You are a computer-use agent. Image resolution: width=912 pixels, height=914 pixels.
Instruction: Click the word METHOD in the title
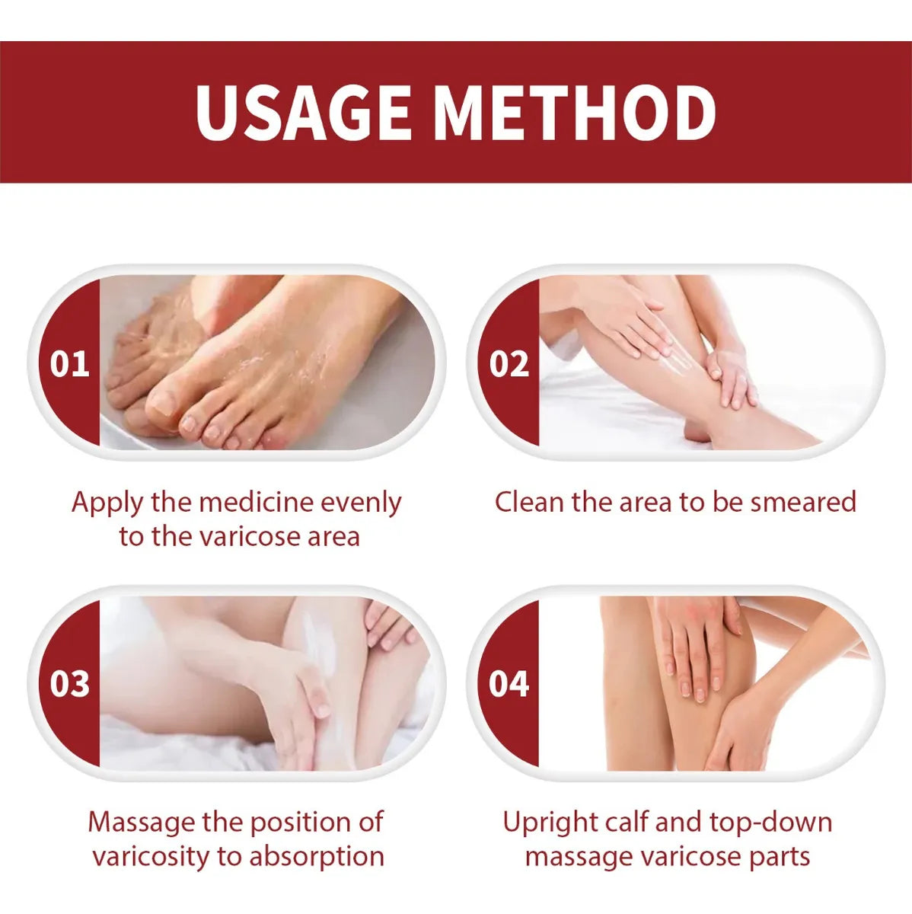576,113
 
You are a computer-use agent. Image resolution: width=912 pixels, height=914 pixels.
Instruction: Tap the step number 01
69,364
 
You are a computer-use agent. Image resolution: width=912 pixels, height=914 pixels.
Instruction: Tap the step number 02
509,364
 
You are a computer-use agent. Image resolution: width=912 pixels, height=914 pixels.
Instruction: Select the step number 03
69,684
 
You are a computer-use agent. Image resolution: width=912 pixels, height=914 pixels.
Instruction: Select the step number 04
509,684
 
